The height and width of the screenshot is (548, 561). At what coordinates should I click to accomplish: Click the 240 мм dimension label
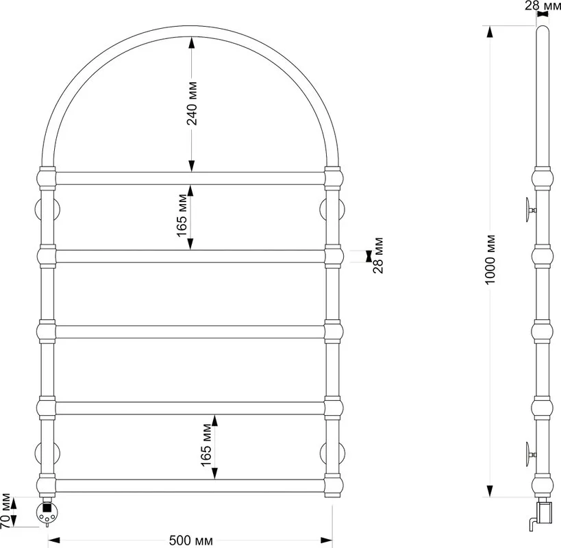(192, 103)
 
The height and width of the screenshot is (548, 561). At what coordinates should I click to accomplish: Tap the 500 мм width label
(190, 540)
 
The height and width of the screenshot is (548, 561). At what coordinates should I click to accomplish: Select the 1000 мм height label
(490, 260)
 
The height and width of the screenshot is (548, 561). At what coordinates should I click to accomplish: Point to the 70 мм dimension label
(5, 512)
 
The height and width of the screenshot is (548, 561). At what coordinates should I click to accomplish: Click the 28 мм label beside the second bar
(378, 256)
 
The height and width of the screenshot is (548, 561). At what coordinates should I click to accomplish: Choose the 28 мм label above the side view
(543, 5)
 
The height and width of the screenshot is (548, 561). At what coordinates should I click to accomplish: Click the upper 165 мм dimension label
(182, 216)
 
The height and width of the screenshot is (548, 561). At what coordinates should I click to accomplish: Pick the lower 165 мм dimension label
(207, 445)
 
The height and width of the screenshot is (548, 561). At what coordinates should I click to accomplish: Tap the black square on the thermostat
(47, 506)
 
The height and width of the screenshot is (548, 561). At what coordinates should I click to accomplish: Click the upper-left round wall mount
(47, 209)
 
